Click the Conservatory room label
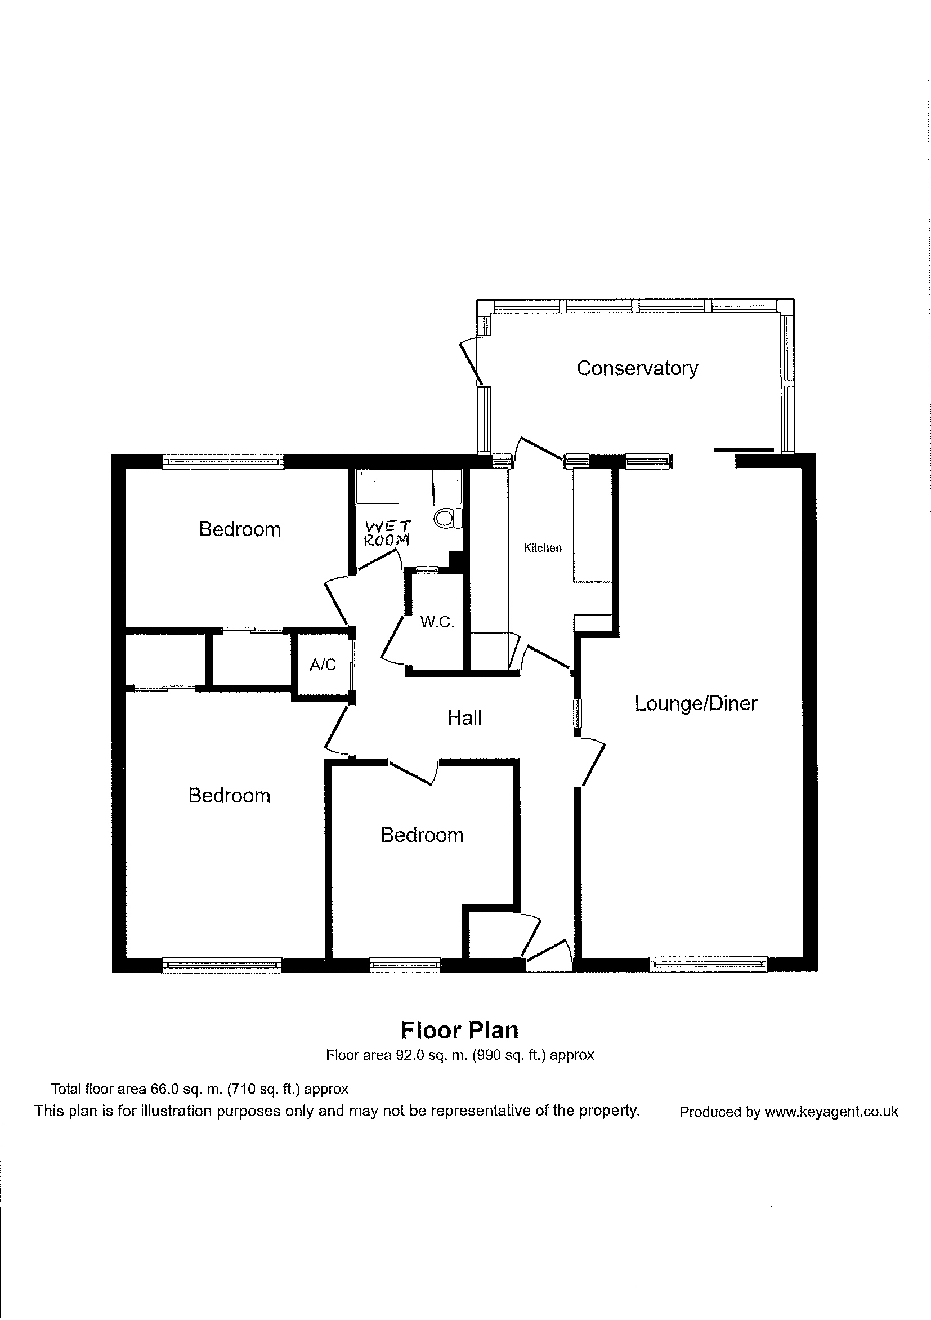coord(637,368)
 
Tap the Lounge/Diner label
coord(696,703)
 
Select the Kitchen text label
coord(543,548)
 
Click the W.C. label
coord(437,622)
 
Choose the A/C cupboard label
coord(323,665)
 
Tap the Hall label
coord(464,717)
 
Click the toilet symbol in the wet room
coord(447,518)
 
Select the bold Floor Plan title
coord(459,1030)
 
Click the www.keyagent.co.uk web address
coord(831,1112)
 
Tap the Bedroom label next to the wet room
coord(240,529)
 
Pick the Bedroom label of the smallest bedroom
coord(422,835)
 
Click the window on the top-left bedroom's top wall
coord(223,461)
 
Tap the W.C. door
coord(392,639)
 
